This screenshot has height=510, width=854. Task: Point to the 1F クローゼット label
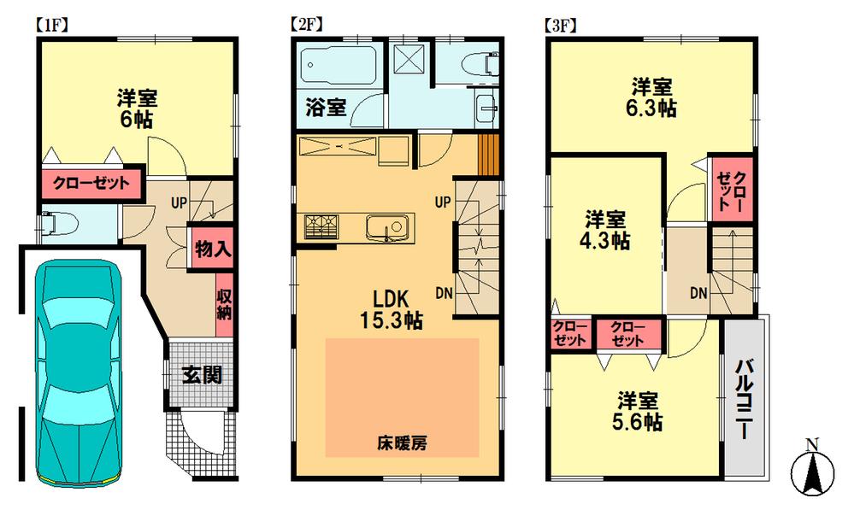pyautogui.click(x=91, y=184)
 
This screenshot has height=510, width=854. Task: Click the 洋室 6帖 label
pyautogui.click(x=136, y=108)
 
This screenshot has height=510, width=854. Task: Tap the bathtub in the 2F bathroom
pyautogui.click(x=338, y=64)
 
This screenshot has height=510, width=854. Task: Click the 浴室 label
pyautogui.click(x=326, y=108)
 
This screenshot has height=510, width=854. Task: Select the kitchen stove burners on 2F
pyautogui.click(x=321, y=226)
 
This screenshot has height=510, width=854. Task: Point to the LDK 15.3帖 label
pyautogui.click(x=389, y=309)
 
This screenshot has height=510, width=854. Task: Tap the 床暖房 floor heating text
pyautogui.click(x=402, y=443)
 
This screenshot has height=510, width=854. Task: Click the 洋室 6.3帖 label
pyautogui.click(x=654, y=97)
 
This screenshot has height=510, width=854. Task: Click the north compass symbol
pyautogui.click(x=813, y=470)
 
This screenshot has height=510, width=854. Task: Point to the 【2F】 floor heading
pyautogui.click(x=305, y=24)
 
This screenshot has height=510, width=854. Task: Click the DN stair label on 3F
pyautogui.click(x=698, y=294)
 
